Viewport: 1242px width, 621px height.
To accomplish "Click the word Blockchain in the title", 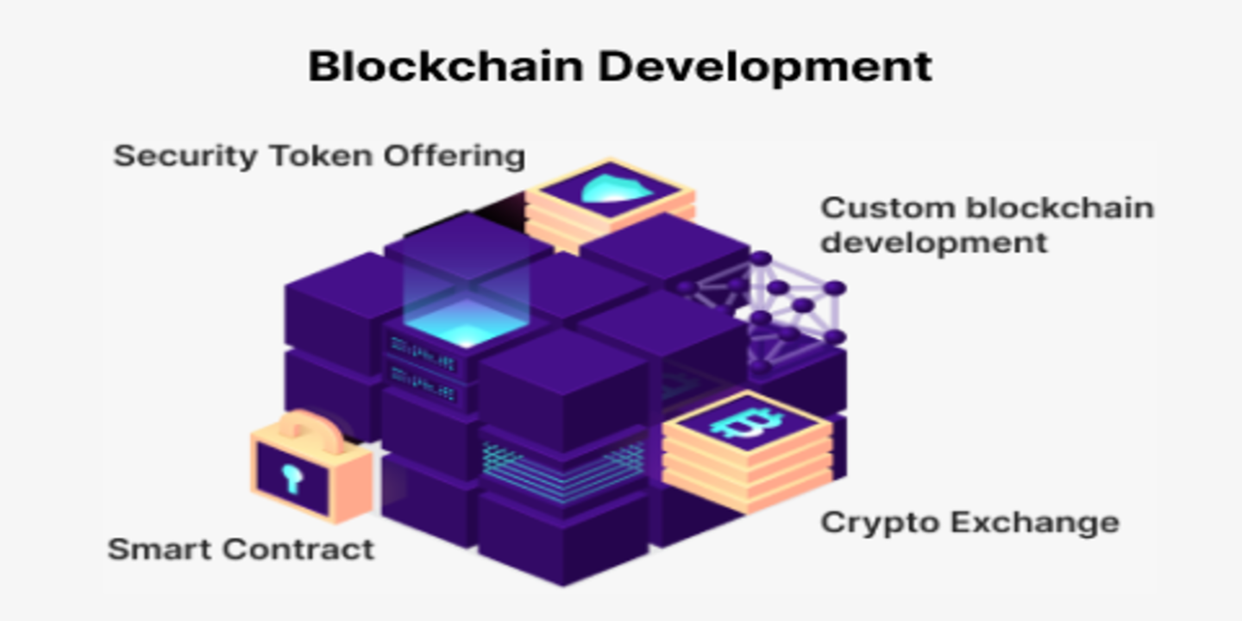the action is pos(446,66).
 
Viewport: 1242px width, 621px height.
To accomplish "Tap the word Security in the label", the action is pos(185,156).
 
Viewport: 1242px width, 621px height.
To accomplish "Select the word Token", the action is pos(321,156).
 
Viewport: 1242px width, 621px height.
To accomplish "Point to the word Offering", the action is pos(455,157).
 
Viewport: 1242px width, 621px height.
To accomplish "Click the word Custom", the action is pos(888,209).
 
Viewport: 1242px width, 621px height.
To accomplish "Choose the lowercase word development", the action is pos(934,243).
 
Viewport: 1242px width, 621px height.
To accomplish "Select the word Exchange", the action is pos(1035,523).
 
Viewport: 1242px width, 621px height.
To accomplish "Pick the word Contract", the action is pos(299,549).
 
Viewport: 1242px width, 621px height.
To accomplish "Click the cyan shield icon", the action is pos(616,189).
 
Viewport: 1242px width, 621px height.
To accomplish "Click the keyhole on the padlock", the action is pos(292,479).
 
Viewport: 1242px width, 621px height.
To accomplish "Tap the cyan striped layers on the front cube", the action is pos(562,471).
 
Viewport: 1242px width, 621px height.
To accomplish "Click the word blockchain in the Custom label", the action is pos(1059,209).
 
